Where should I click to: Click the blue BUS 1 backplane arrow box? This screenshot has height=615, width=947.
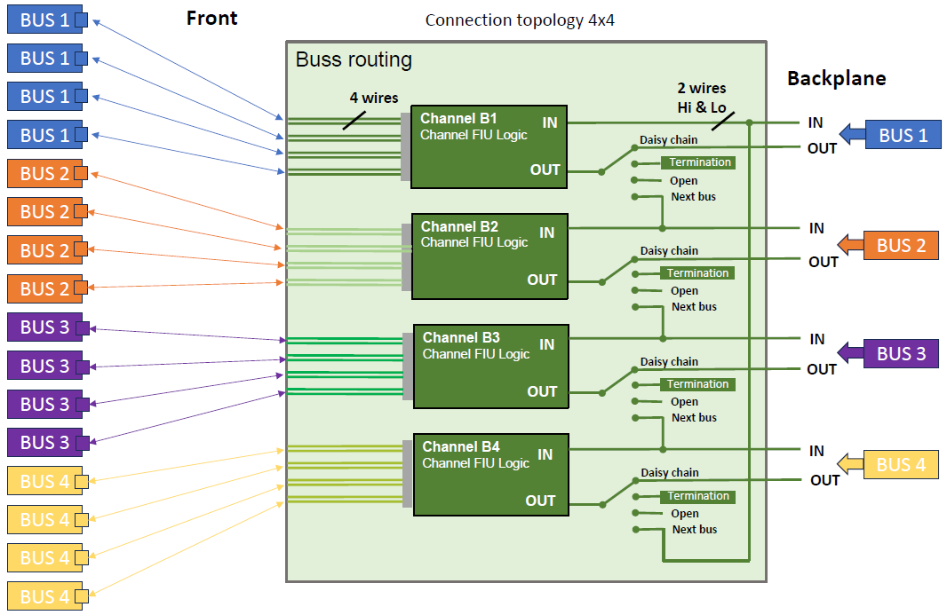(x=893, y=135)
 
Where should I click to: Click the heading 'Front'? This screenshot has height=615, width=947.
(x=211, y=19)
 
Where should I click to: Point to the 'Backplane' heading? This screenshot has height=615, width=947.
(x=836, y=78)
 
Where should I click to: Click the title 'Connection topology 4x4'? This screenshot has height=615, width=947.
(x=520, y=20)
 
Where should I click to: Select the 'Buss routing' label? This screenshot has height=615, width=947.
(x=354, y=59)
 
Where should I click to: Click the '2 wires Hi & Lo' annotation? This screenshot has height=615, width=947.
(x=701, y=97)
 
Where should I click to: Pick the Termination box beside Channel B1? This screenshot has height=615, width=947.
(x=699, y=162)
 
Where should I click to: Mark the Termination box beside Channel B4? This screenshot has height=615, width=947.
(x=698, y=496)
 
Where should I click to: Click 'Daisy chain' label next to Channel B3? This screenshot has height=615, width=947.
(x=669, y=362)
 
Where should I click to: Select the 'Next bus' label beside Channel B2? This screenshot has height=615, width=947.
(x=694, y=307)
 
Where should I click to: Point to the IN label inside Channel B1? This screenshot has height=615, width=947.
(x=550, y=122)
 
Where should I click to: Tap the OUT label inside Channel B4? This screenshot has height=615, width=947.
(x=540, y=501)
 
